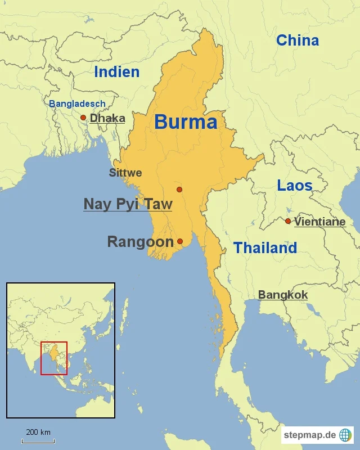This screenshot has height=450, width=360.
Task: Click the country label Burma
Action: (x=186, y=122)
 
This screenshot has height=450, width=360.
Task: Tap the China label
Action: (x=298, y=40)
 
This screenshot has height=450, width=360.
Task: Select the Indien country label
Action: (x=117, y=72)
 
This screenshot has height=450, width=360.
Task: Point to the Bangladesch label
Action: (x=77, y=103)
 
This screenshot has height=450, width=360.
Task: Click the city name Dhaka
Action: (x=107, y=118)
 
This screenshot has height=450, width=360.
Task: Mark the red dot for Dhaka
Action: (x=83, y=118)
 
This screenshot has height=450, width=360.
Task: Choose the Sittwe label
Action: (x=125, y=173)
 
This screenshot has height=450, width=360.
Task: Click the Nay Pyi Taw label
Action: (x=128, y=204)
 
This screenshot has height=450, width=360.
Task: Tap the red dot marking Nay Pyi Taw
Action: (x=179, y=190)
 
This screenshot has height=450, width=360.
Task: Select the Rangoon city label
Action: (x=140, y=242)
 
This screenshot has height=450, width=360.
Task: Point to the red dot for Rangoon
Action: (x=180, y=241)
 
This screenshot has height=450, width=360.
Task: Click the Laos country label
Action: (x=295, y=185)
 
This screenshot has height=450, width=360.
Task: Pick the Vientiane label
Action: (x=319, y=222)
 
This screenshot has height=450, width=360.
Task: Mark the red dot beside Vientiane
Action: (x=288, y=221)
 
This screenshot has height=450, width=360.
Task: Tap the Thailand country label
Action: (x=265, y=247)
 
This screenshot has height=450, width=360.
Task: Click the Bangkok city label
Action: (x=283, y=295)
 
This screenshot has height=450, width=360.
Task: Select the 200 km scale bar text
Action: (x=38, y=432)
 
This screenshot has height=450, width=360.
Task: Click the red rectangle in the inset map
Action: (x=54, y=358)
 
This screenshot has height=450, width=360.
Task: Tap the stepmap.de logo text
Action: (x=310, y=435)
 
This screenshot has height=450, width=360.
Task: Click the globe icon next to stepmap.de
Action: (x=345, y=435)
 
